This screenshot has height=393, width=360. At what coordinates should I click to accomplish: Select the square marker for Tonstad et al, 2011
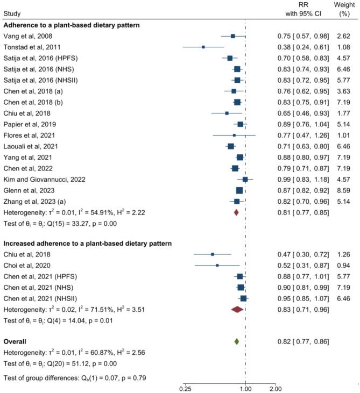203,47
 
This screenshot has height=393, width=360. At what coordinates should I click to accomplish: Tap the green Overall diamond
237,341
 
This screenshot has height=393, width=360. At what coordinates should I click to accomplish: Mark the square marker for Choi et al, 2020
217,265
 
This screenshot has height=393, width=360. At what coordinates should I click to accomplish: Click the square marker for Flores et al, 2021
234,135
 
